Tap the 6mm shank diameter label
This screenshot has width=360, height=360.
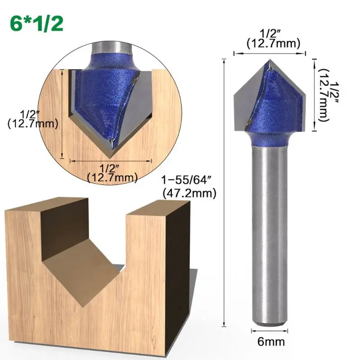point(271,342)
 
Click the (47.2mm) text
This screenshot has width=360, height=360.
point(189,193)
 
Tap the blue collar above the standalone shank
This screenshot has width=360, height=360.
point(270,139)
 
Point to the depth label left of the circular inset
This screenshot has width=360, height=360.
point(32,119)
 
